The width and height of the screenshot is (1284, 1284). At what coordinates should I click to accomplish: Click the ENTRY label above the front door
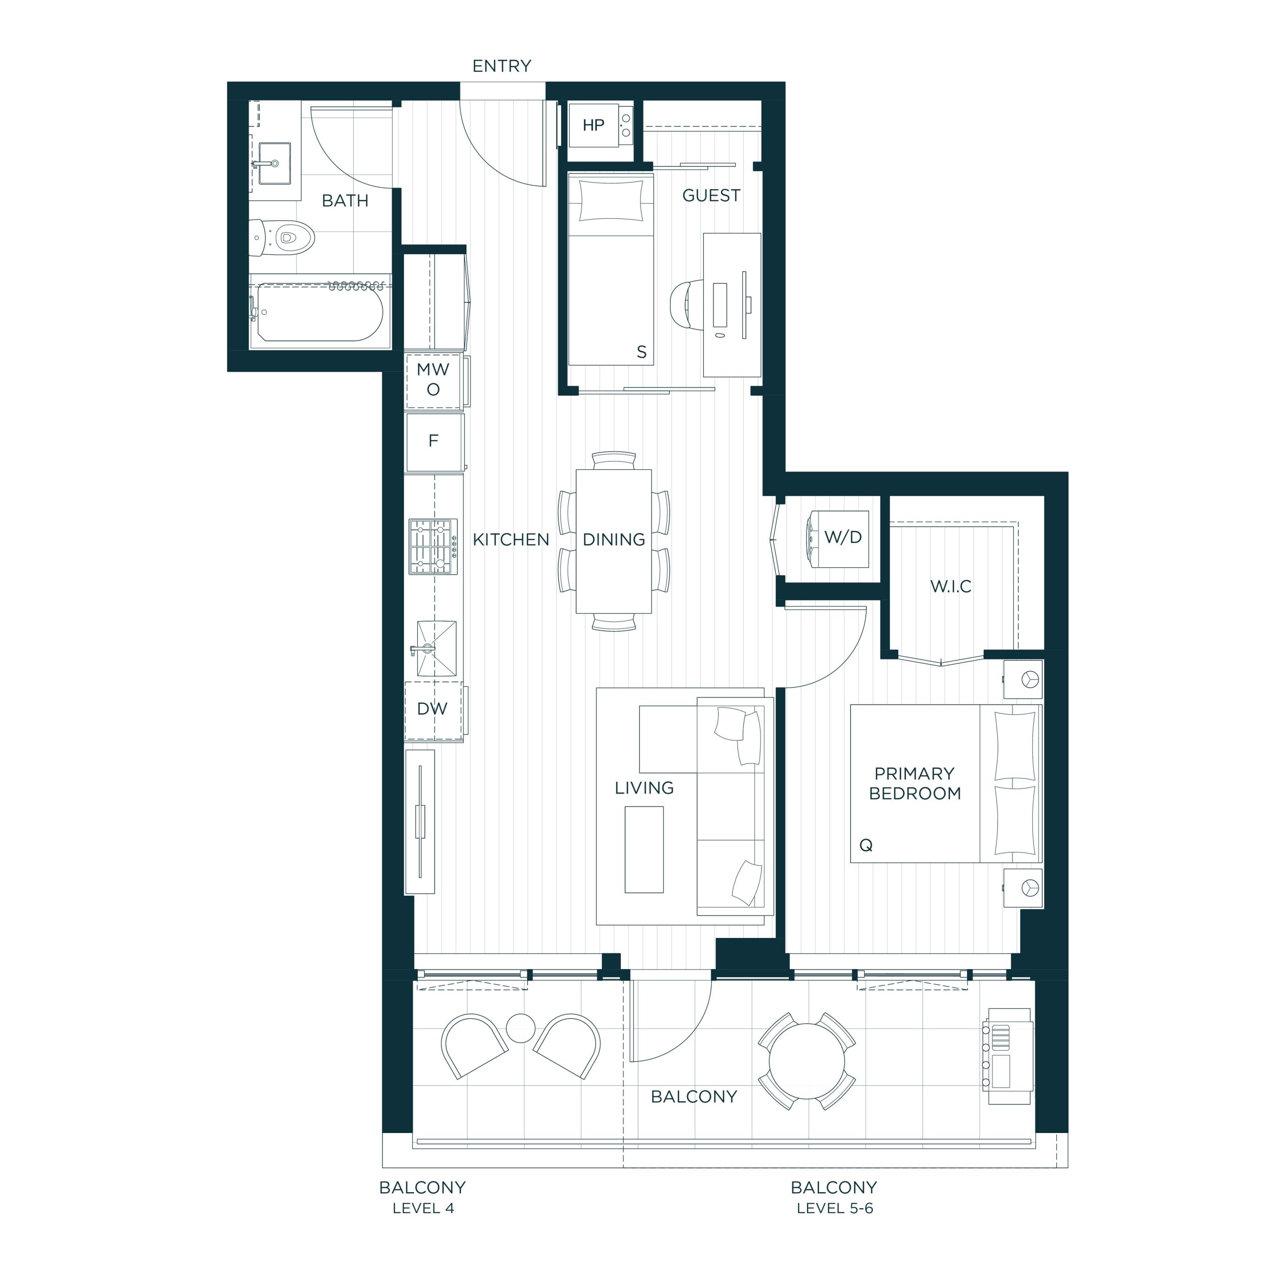502,66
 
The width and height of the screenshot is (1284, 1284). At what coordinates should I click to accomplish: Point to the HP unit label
593,125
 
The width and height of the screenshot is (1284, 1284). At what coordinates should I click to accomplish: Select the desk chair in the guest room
687,304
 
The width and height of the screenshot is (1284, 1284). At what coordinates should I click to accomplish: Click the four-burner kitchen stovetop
433,546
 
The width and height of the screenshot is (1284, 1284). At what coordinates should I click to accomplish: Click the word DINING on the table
613,540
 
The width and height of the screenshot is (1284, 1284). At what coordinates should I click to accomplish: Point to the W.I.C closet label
950,586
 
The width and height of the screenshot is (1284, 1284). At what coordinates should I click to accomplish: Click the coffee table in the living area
644,849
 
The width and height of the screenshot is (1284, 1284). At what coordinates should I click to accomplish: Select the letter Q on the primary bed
866,845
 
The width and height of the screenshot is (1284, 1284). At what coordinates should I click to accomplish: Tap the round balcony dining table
807,1061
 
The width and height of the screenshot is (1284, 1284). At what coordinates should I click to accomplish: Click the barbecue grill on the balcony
1008,1056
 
